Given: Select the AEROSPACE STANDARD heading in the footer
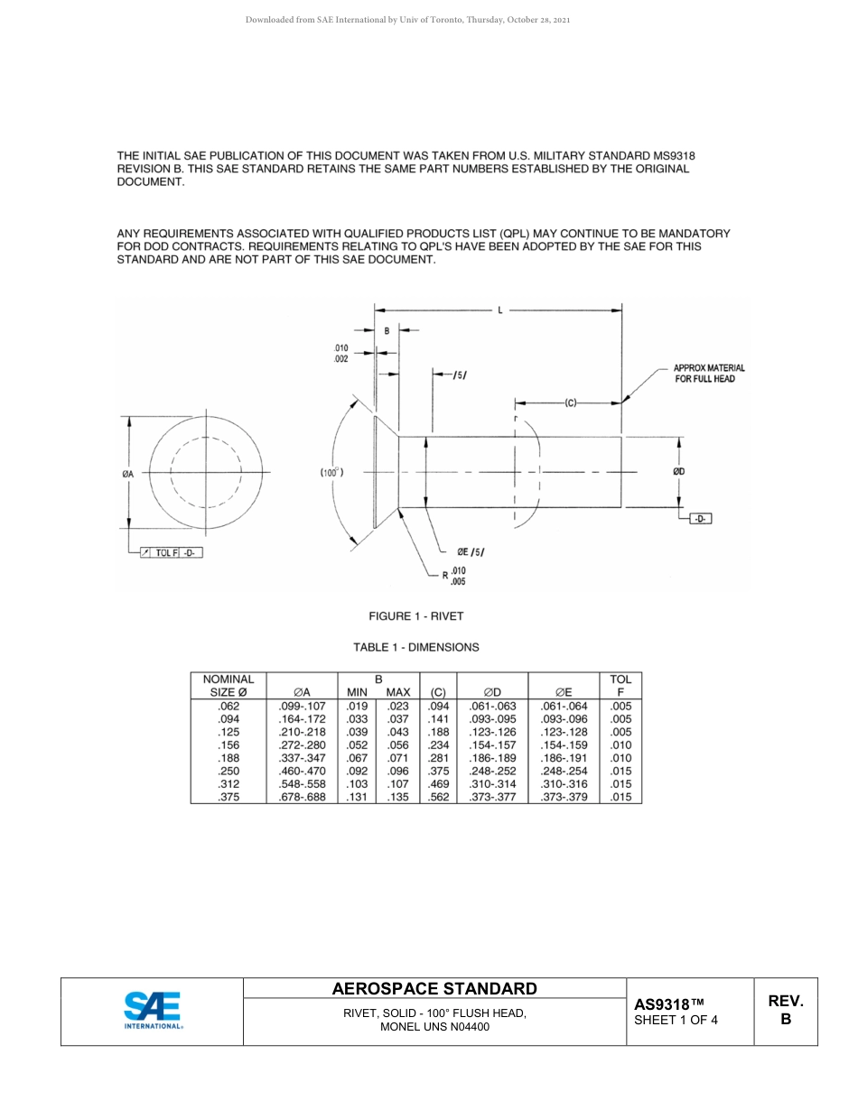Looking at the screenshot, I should click(434, 989).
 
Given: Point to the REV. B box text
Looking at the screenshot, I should click(785, 1010).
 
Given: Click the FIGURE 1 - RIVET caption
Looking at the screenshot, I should click(415, 616).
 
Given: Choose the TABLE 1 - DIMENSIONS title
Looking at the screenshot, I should click(415, 647).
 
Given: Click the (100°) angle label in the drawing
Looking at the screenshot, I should click(331, 472).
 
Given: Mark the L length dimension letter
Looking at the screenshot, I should click(499, 310).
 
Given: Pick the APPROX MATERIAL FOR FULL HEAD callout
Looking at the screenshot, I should click(709, 374).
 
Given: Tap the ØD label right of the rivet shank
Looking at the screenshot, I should click(678, 471).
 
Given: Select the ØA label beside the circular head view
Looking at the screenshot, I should click(128, 474).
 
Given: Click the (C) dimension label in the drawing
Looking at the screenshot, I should click(571, 402).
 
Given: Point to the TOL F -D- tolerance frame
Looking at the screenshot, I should click(171, 552).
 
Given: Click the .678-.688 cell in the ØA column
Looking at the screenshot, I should click(302, 797).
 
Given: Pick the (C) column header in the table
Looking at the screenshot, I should click(438, 692).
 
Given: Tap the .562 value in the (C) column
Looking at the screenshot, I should click(438, 797).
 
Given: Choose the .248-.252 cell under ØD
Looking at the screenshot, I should click(492, 771).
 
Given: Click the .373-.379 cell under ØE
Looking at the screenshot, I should click(564, 797).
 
